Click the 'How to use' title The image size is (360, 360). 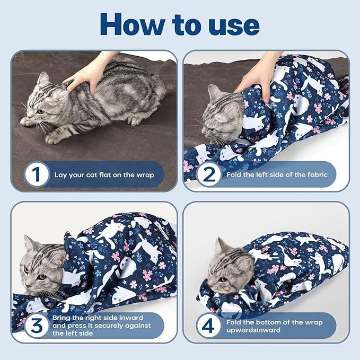tap(180, 24)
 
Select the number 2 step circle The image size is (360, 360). tap(209, 174)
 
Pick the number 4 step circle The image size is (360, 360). tap(209, 325)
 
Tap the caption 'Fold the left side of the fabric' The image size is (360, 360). tap(277, 174)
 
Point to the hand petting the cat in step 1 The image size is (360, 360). tap(87, 74)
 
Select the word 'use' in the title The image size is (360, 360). tap(233, 25)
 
